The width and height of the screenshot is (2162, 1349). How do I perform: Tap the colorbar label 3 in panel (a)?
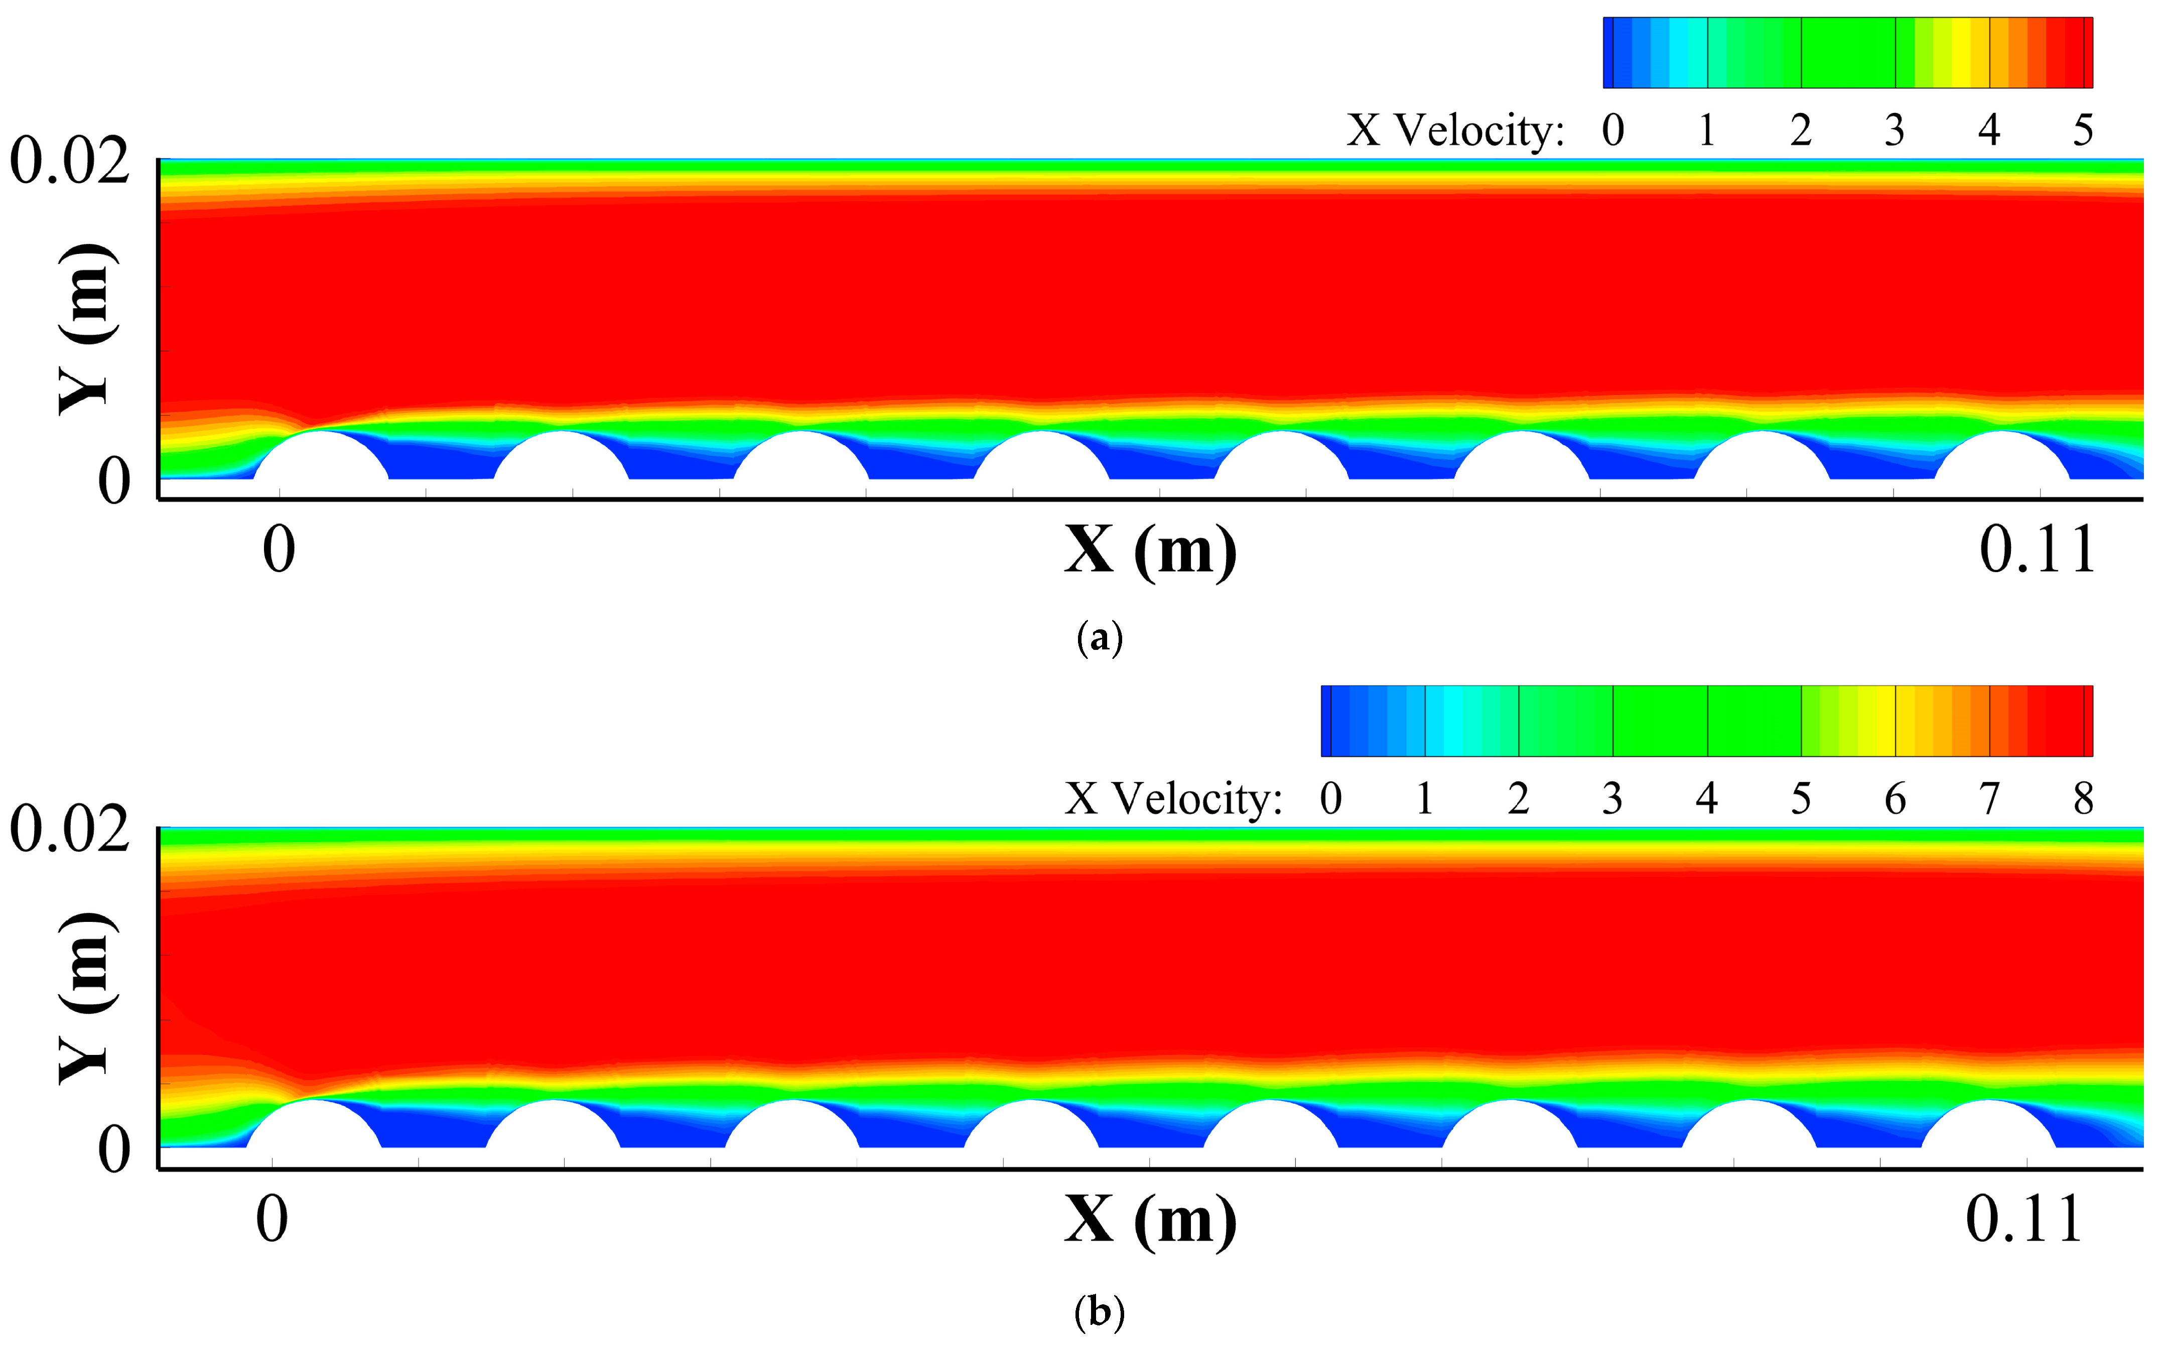(1895, 131)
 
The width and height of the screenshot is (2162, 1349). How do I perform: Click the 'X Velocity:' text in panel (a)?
(1455, 131)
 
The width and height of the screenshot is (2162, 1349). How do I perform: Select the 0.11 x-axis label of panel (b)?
(2024, 1220)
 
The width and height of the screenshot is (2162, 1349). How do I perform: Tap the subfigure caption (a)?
(1099, 639)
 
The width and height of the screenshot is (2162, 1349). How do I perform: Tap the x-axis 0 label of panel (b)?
(272, 1220)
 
